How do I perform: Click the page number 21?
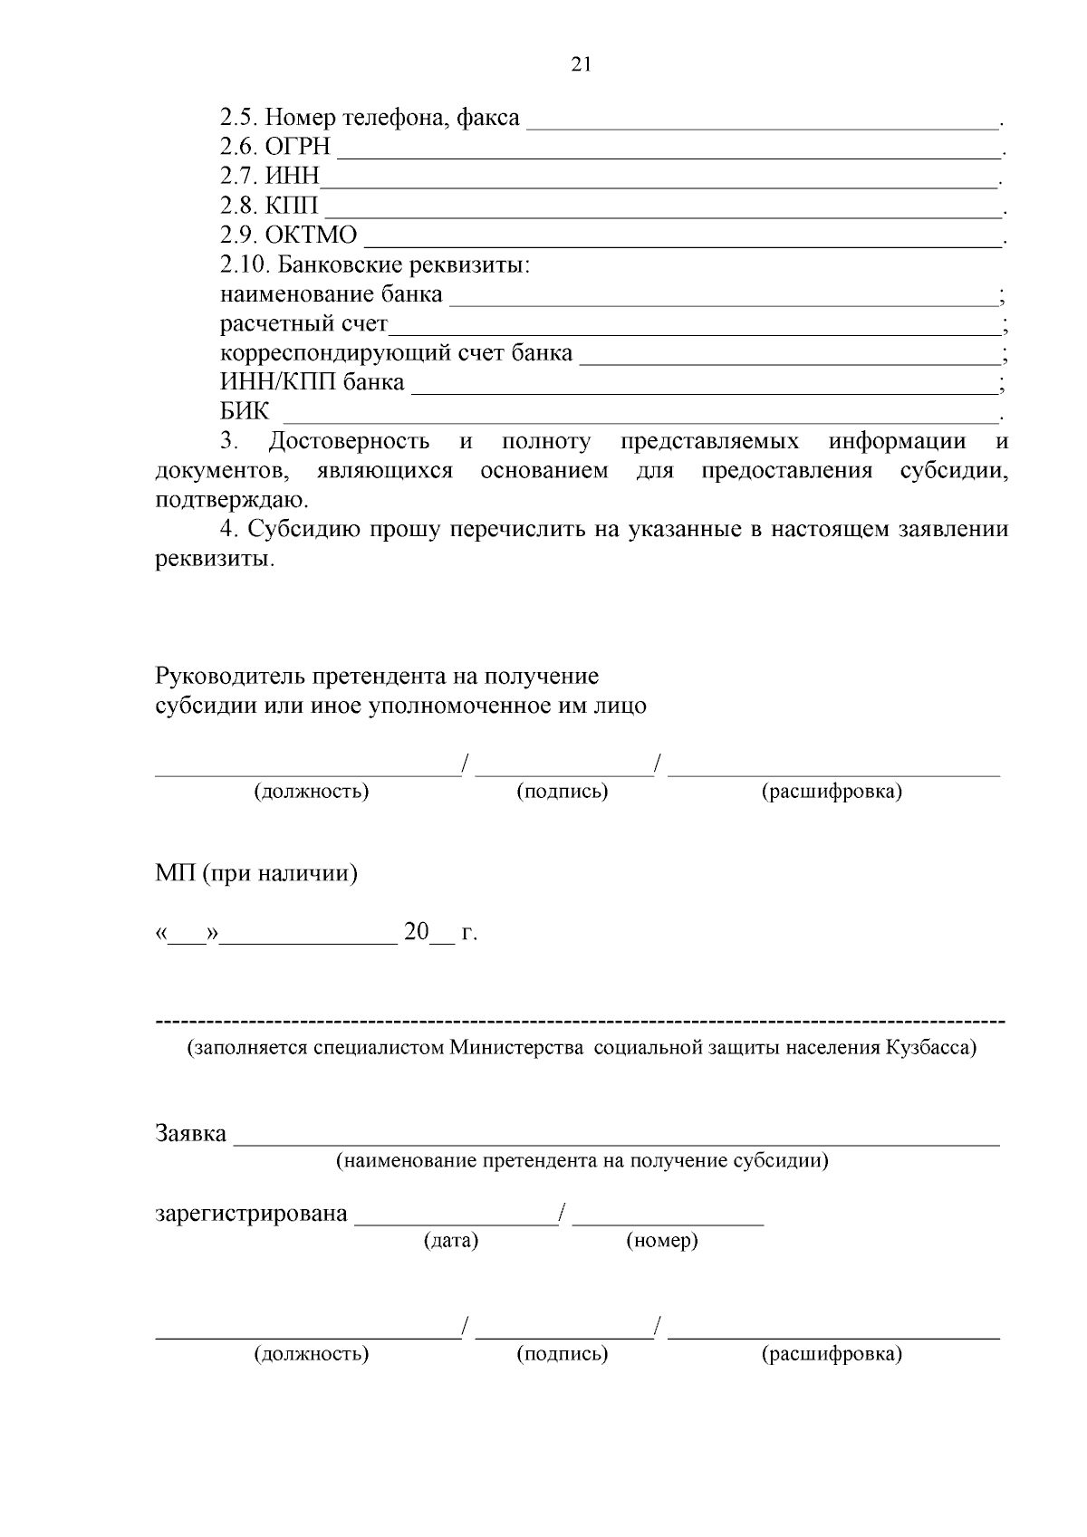click(x=581, y=63)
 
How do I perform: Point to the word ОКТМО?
click(x=311, y=235)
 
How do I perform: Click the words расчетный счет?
click(x=303, y=324)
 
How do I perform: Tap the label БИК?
click(x=245, y=412)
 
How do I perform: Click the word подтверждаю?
click(x=231, y=500)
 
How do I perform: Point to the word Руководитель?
click(x=230, y=676)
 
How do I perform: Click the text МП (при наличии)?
click(x=256, y=875)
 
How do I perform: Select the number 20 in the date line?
click(x=416, y=932)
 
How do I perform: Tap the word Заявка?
click(x=190, y=1133)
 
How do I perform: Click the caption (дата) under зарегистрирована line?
click(x=450, y=1241)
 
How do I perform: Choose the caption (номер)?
click(x=661, y=1241)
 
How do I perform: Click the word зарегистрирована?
click(x=251, y=1214)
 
